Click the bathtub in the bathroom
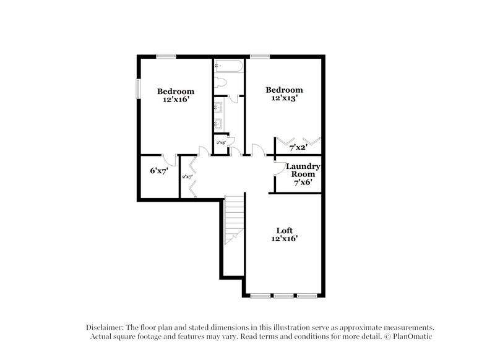(229, 65)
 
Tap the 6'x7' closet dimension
(158, 171)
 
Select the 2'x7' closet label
(187, 177)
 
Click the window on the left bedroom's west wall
(138, 88)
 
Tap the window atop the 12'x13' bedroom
(260, 56)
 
